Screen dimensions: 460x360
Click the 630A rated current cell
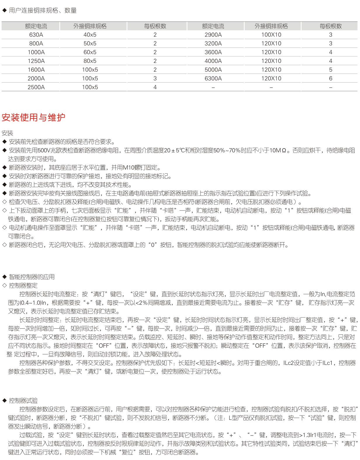[36, 35]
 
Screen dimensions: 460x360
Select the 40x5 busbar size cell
[90, 35]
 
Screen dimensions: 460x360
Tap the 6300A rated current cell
[213, 79]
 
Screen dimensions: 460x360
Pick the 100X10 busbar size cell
[271, 35]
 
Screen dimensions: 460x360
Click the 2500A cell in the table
[36, 87]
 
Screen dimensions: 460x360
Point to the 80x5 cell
[90, 61]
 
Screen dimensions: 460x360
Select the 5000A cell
[213, 70]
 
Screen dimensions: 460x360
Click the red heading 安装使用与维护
[33, 117]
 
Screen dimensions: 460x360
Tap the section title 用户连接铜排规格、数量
[43, 11]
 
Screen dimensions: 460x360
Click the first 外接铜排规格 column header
[90, 26]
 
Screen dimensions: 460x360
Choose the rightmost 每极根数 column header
[331, 26]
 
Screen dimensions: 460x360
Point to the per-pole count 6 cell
[331, 79]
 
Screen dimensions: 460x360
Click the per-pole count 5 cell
[331, 70]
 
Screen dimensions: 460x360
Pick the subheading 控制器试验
[23, 401]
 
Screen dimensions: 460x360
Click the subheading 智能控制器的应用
[32, 277]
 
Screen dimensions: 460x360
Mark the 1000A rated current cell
[36, 52]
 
